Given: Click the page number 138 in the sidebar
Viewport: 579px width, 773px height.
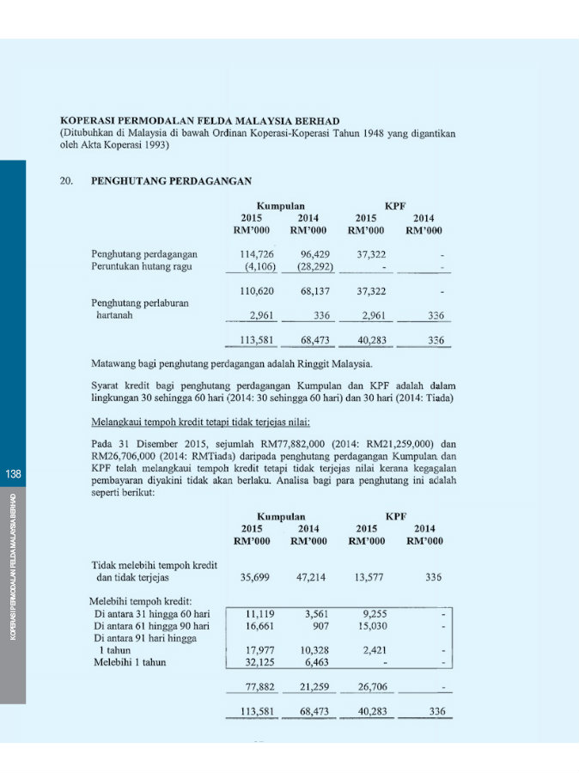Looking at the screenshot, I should click(x=14, y=474).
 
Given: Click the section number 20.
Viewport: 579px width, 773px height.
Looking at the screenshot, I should click(x=66, y=181).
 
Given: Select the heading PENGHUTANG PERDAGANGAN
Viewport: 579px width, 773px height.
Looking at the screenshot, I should click(x=171, y=181).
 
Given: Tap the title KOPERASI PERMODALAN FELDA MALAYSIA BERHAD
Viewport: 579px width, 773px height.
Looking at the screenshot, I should click(x=200, y=121).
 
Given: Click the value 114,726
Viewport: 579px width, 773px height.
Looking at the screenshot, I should click(x=256, y=254).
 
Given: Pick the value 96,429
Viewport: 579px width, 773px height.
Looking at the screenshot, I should click(x=315, y=254).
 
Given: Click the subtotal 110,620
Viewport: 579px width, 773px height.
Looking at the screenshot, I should click(x=256, y=292).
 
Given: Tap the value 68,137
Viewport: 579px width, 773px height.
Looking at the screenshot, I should click(x=315, y=292).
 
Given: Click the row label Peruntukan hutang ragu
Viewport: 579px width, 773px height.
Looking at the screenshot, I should click(x=142, y=266).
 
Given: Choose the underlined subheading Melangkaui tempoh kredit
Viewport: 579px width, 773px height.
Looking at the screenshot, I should click(x=201, y=423).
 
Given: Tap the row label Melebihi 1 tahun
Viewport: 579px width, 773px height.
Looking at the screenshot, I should click(x=129, y=662).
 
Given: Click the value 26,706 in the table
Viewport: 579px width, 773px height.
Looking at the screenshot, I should click(x=371, y=688).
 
